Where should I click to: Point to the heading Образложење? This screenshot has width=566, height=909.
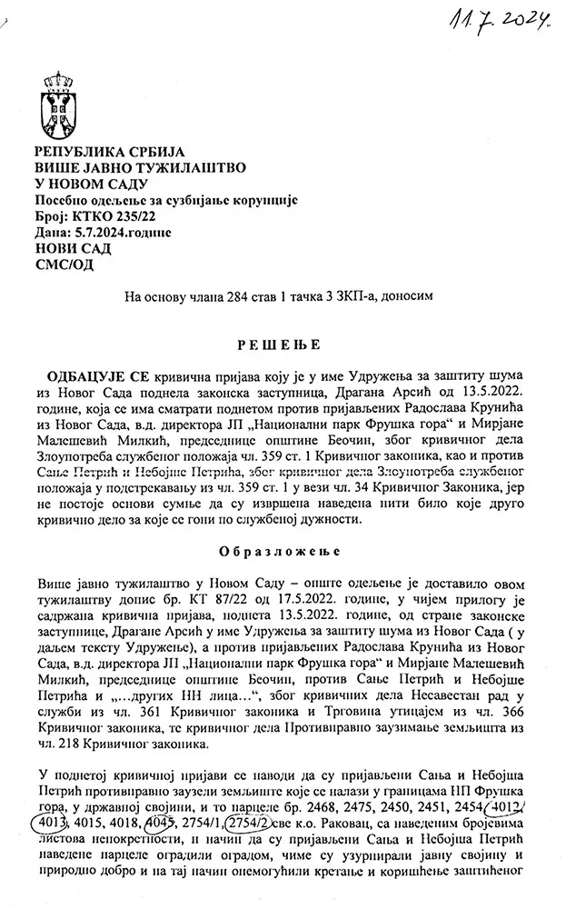(x=283, y=552)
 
